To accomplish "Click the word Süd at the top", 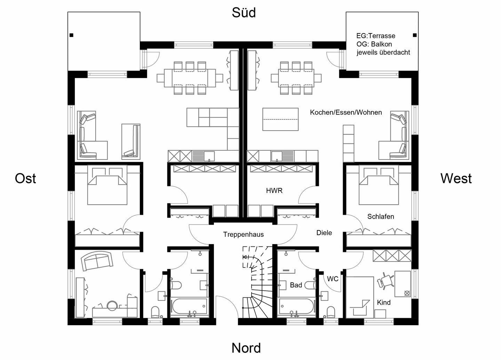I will point(244,13).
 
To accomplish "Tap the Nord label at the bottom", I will point(246,348).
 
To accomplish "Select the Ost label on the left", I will point(25,179).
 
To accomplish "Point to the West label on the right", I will point(456,179).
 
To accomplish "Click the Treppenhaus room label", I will point(243,235).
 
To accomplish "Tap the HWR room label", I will point(274,191).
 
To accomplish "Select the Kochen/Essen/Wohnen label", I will point(346,112).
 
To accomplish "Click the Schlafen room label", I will point(381,217).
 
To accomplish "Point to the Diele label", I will point(324,233).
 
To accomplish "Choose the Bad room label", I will point(296,285).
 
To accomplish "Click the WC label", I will point(333,279).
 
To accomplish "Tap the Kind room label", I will point(384,303).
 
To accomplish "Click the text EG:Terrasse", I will point(376,36).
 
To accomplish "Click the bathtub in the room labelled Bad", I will point(296,307).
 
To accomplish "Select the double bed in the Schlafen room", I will point(379,186).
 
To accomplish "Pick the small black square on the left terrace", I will point(71,35).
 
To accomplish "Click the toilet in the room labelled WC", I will point(331,311).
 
